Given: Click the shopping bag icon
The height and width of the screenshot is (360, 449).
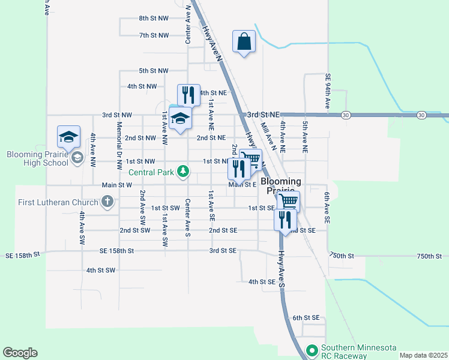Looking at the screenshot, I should [244, 42].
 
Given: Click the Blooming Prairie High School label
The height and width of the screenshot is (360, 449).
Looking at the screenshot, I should [37, 158].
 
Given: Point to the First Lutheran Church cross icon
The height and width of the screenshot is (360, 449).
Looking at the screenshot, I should [107, 201].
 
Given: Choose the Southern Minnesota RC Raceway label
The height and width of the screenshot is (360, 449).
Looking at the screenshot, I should [343, 352].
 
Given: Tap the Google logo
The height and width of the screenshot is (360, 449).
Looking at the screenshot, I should [20, 353].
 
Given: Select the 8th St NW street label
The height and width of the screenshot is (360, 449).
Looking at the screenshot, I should [154, 19].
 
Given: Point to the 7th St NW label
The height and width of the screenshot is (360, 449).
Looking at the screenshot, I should [154, 35].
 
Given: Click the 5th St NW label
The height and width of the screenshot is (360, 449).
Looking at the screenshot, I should [154, 71].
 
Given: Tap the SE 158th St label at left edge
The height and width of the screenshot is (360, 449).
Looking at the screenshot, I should [22, 254].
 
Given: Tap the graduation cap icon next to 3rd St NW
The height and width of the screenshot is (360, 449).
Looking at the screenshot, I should [180, 118].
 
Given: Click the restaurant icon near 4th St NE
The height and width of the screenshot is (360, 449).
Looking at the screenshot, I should [188, 95].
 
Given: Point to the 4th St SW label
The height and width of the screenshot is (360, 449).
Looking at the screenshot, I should [100, 271].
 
